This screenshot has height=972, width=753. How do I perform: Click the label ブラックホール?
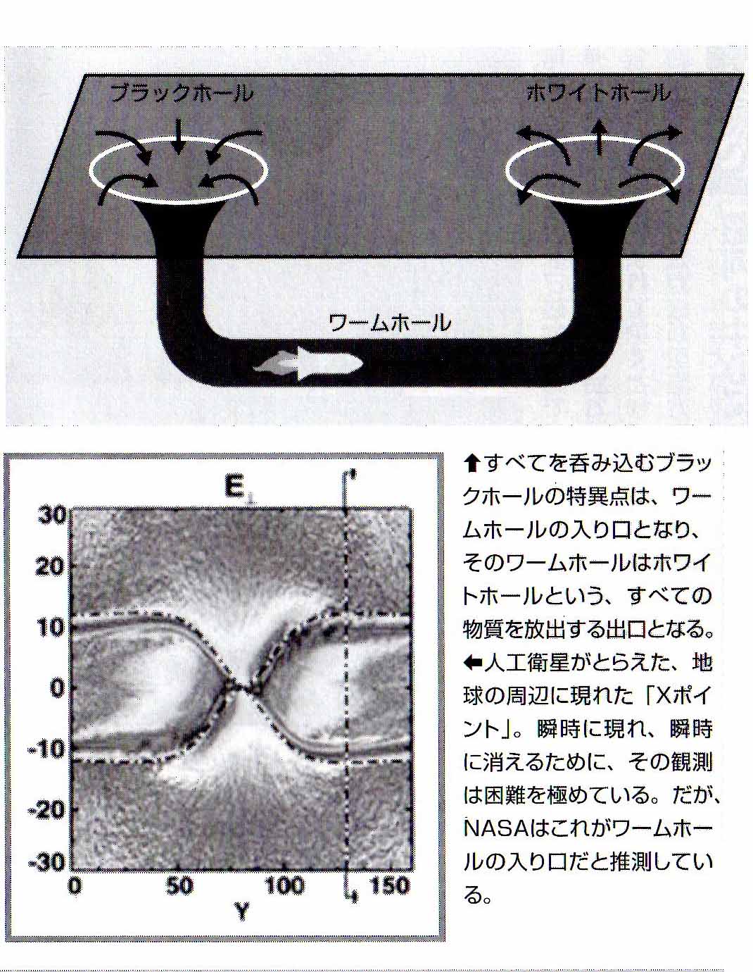182,94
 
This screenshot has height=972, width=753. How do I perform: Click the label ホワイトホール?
599,94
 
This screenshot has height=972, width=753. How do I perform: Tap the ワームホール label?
389,323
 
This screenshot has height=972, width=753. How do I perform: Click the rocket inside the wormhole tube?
309,365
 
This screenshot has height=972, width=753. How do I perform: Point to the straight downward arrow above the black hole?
179,137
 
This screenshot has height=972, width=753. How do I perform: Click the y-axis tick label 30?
51,515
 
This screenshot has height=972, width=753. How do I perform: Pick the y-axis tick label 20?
51,567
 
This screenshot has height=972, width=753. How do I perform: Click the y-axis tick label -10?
47,748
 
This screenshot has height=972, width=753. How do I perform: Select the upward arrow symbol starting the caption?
472,463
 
